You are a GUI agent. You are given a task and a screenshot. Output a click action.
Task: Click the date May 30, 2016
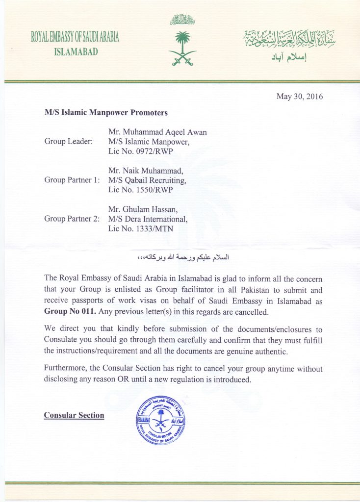[300, 96]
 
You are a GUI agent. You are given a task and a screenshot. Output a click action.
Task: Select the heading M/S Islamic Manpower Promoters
[106, 113]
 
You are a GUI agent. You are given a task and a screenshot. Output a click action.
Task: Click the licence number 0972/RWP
[146, 151]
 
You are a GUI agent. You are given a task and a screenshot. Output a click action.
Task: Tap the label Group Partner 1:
[72, 180]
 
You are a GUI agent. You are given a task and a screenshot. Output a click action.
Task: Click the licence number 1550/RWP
[146, 190]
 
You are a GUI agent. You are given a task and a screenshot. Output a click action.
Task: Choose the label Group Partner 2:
[72, 219]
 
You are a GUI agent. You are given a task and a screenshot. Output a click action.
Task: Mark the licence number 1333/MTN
[146, 228]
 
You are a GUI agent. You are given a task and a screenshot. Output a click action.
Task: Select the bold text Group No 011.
[68, 312]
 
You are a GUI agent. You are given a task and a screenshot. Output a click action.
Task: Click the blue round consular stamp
[160, 420]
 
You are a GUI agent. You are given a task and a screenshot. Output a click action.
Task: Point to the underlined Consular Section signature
[74, 415]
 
